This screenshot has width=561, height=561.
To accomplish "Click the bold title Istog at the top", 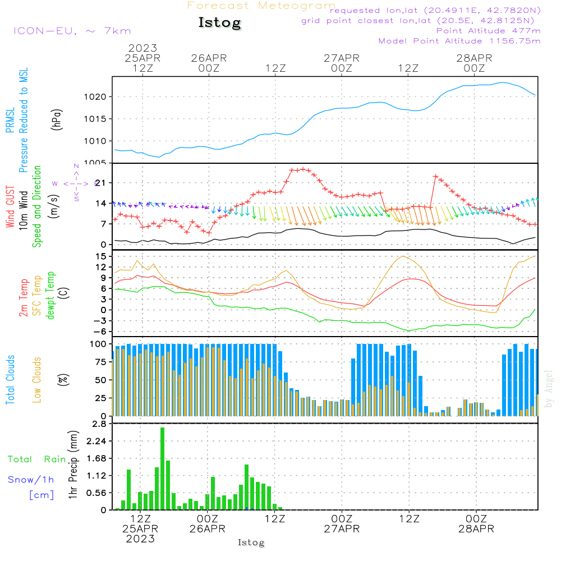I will tap(219, 23).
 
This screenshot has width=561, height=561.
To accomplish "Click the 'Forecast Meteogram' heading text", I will tap(261, 6).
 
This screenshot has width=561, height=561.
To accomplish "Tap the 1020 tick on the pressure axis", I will tap(95, 97).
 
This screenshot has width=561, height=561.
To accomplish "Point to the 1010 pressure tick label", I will tap(95, 141).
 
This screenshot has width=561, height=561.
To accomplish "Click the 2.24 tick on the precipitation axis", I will tap(96, 442).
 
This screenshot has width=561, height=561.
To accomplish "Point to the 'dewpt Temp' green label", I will tap(50, 296).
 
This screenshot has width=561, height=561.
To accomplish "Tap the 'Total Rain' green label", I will tap(36, 459).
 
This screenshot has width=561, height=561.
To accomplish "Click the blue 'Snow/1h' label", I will tap(31, 480).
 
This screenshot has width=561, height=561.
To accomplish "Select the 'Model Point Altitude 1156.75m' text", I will tap(459, 41).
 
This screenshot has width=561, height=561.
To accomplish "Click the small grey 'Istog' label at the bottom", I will tap(251, 542).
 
